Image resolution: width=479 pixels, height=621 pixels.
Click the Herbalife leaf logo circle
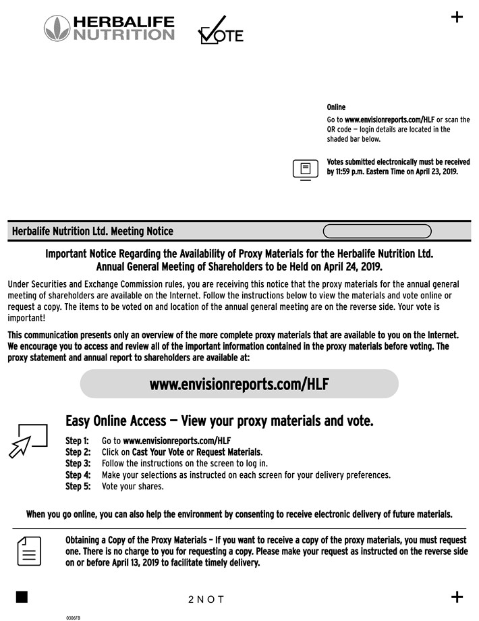click(x=57, y=28)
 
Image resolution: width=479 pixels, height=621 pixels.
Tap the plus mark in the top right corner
click(x=457, y=18)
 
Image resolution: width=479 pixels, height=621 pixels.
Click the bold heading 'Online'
click(x=336, y=107)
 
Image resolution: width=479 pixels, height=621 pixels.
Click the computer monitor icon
click(x=305, y=169)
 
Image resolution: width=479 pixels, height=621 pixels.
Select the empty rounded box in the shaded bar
click(x=377, y=232)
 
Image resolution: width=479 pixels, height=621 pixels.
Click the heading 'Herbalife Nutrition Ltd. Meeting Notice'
click(x=92, y=232)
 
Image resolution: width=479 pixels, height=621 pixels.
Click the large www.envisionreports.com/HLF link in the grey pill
click(x=239, y=384)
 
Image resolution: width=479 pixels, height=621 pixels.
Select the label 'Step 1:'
click(x=78, y=441)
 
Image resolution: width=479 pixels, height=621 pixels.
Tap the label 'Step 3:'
click(x=78, y=464)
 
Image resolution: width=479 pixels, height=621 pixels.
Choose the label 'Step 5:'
click(x=78, y=486)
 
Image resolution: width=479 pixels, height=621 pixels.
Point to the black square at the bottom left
click(x=22, y=597)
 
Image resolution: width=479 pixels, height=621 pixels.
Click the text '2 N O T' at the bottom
click(x=206, y=599)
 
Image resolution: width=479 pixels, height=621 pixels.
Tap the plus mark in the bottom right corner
click(x=457, y=597)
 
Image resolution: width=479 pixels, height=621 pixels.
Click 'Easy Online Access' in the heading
click(x=115, y=421)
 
